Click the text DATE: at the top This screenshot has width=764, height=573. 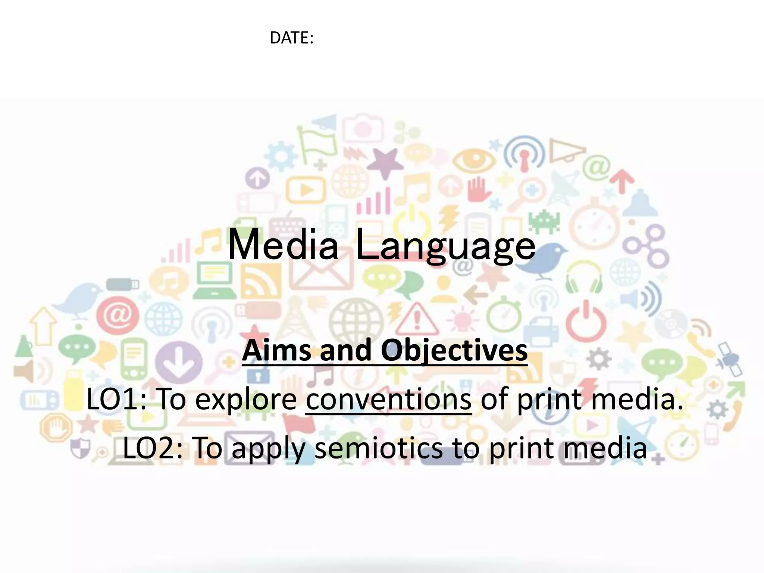pos(291,38)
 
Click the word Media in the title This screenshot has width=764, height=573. pos(283,245)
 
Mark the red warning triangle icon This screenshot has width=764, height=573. pos(417,320)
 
